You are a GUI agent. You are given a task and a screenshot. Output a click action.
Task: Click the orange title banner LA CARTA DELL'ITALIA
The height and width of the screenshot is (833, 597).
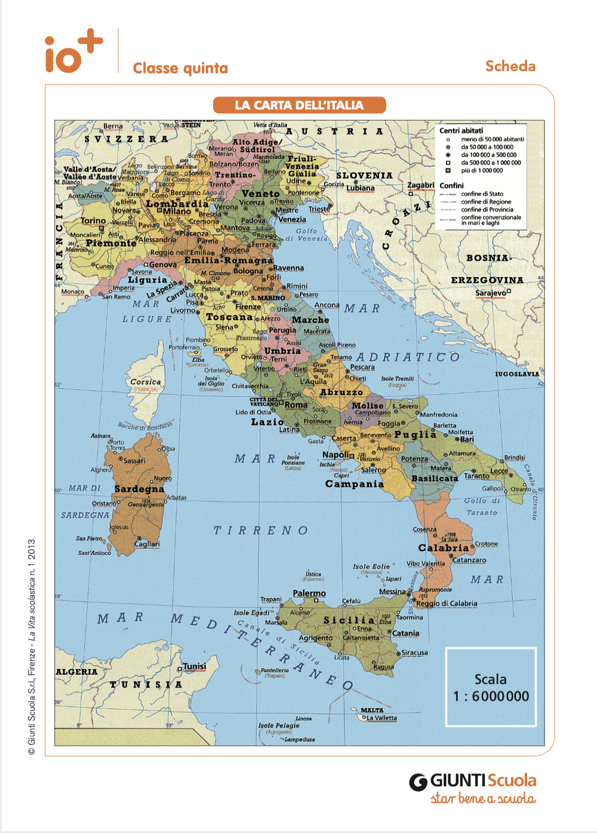299,105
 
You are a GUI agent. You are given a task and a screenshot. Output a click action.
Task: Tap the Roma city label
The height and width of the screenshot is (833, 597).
296,405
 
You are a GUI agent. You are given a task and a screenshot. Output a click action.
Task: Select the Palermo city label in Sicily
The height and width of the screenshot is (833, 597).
309,593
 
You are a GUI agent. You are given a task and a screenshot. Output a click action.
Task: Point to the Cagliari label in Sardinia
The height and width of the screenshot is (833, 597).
147,544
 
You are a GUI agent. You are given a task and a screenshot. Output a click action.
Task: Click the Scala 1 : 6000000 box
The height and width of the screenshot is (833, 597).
491,687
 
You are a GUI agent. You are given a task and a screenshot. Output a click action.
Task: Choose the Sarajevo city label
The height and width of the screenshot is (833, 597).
491,293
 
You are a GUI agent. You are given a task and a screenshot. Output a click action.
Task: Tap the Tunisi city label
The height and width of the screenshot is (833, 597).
195,666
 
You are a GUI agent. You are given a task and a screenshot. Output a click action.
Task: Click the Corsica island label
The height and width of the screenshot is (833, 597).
146,382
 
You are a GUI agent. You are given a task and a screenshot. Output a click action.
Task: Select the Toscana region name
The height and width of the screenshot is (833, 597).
229,317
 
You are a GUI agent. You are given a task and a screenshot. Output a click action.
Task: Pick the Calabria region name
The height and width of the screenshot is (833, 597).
444,548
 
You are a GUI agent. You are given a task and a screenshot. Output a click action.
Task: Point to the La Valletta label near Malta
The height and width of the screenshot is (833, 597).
381,718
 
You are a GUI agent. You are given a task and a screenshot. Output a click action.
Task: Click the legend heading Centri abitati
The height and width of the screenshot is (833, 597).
461,130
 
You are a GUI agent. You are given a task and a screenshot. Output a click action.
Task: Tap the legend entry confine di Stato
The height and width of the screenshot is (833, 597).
482,194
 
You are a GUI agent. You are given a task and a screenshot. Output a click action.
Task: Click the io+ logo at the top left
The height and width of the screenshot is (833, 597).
73,53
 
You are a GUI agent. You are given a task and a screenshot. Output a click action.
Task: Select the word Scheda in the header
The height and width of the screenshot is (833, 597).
510,66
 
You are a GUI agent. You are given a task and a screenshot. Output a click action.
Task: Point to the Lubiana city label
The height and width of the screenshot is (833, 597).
361,188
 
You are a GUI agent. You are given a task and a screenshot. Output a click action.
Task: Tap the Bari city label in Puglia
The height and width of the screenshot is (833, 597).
467,439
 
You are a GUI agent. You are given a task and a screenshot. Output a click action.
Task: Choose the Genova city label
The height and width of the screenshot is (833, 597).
163,264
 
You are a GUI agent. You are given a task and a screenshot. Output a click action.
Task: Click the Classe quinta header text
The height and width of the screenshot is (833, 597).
180,68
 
